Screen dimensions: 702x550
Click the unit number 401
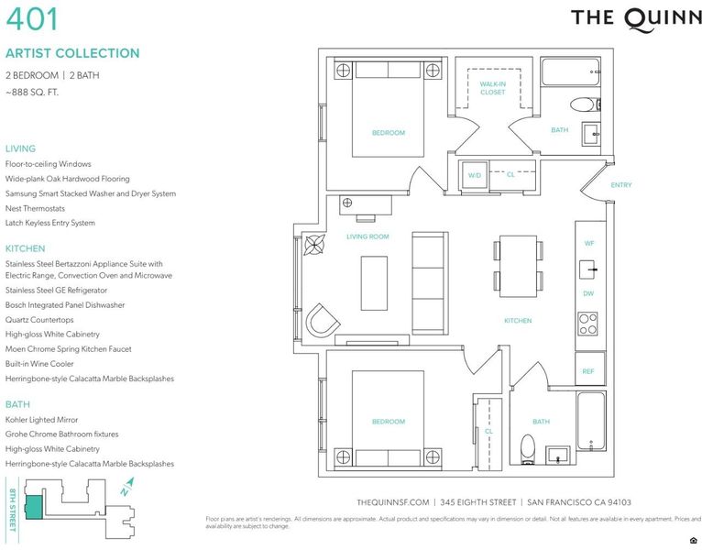coord(32,19)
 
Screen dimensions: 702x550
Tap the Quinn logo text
coord(636,19)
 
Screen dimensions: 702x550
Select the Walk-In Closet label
coord(492,88)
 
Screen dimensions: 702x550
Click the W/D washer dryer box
coord(474,176)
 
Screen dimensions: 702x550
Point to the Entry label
coord(621,185)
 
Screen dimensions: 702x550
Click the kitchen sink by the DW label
coord(588,269)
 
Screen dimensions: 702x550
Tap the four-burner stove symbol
coord(587,324)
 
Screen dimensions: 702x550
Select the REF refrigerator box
coord(589,370)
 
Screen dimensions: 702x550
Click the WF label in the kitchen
coord(588,243)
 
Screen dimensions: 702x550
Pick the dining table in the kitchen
coord(518,266)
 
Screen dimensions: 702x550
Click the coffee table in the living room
coord(374,283)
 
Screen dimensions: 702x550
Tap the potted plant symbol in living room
coord(314,245)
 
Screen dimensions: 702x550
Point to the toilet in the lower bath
coord(528,449)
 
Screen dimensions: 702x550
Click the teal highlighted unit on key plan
coord(34,508)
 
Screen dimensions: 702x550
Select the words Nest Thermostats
coord(35,208)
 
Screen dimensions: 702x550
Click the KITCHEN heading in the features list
coord(25,248)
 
